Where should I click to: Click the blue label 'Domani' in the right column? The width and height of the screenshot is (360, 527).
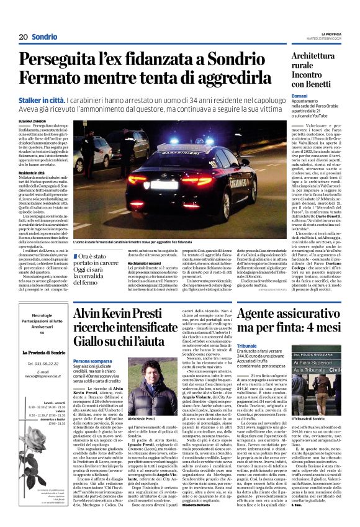point(299,96)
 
